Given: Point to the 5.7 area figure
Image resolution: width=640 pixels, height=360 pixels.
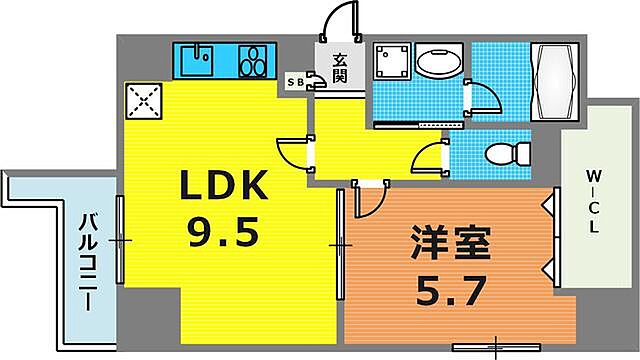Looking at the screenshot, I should [x=450, y=293].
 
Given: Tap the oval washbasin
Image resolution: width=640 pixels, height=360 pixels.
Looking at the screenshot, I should [x=437, y=62].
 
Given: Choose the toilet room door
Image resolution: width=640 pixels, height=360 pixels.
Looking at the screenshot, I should [x=430, y=158].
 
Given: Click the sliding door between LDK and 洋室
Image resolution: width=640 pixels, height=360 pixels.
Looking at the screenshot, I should [x=340, y=242].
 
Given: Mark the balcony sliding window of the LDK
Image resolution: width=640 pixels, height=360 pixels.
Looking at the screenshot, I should [x=120, y=240].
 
